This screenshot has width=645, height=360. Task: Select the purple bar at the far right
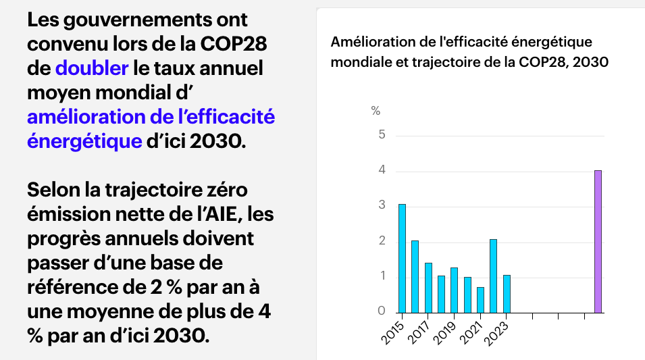[598, 242]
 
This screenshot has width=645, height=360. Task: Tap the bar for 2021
[480, 300]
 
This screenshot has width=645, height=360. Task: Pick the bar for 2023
[507, 294]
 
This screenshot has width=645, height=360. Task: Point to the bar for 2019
[454, 290]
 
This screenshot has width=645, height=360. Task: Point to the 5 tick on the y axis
[382, 135]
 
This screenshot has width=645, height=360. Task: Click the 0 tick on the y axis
[382, 312]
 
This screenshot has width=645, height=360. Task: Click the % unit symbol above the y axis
[376, 111]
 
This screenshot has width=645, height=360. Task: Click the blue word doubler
[92, 68]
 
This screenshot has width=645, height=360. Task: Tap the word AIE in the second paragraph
[217, 214]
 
